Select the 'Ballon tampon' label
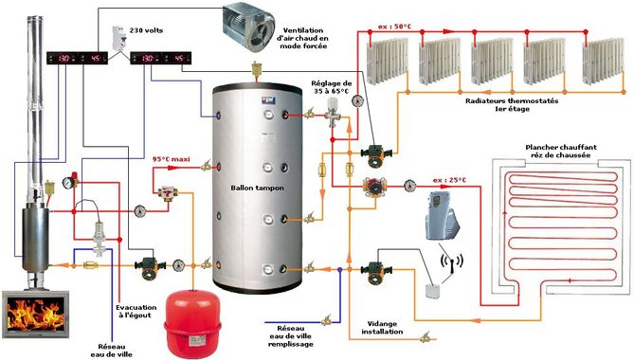point(257,188)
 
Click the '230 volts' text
point(146,30)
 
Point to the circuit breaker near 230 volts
point(119,38)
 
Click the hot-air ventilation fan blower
point(248,27)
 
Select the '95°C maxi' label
point(171,159)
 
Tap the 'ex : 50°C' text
point(394,27)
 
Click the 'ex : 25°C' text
point(449,180)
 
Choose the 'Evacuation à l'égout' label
point(136,311)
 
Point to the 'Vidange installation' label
point(382,328)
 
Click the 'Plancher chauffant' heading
point(561,148)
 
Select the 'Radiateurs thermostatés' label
point(512,100)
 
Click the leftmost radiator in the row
point(387,61)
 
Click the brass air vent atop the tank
point(256,69)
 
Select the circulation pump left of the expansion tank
point(150,267)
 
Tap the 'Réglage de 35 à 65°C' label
point(331,87)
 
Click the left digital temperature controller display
point(77,58)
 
